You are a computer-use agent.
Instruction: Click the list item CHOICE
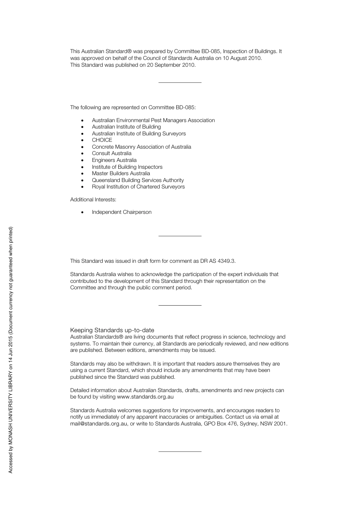102,140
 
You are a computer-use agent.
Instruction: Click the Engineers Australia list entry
114,160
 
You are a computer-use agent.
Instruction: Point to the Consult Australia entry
111,153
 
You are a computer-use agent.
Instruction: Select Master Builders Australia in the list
121,173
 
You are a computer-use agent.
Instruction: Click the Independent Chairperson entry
122,212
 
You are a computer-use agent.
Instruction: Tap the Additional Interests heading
93,199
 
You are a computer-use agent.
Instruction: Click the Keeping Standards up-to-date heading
112,330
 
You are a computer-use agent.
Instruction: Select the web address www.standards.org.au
145,397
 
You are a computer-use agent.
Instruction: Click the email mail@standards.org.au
99,424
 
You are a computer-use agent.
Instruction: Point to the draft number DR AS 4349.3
218,261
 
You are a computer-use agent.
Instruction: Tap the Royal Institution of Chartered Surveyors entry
138,187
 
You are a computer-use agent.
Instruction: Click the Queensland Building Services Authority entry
138,180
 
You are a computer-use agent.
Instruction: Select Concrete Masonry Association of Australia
141,147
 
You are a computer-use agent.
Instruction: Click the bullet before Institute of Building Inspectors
82,167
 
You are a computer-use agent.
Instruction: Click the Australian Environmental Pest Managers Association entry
153,120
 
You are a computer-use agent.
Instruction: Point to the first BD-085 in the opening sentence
210,51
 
